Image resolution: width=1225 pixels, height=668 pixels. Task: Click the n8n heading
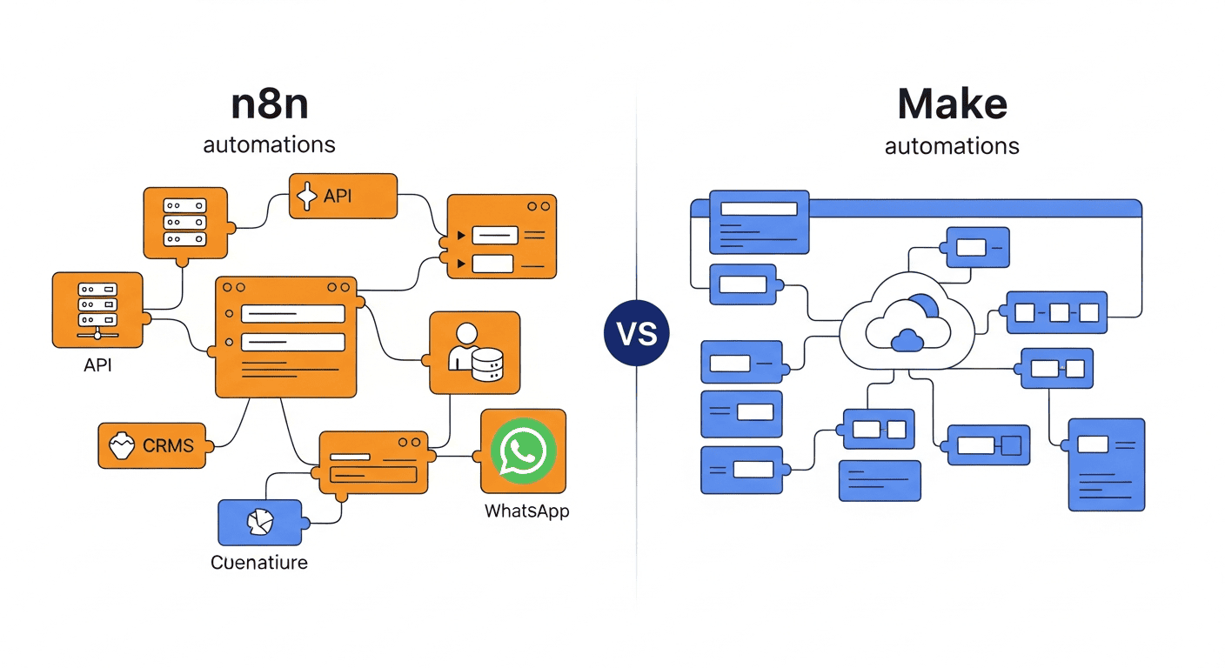[270, 104]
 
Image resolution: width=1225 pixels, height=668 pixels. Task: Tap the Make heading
[952, 104]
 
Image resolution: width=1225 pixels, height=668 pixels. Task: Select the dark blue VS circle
[637, 334]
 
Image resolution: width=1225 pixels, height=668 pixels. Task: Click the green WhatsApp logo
[523, 451]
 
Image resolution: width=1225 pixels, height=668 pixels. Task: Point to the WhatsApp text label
[526, 511]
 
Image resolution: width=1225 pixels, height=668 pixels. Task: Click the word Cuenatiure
[259, 563]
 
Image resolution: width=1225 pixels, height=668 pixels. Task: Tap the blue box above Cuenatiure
[259, 522]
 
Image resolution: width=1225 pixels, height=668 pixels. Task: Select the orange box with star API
[343, 196]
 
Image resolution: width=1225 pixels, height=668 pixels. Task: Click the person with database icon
[474, 352]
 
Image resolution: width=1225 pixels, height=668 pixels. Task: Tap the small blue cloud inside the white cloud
[907, 339]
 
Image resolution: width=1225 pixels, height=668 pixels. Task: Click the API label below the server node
[97, 365]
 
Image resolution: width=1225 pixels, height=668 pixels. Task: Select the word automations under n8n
[270, 144]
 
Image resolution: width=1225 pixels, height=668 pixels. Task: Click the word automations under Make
[952, 145]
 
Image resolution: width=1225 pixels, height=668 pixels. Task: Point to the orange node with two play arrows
[501, 237]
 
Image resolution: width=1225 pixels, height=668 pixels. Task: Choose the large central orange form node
[286, 337]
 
